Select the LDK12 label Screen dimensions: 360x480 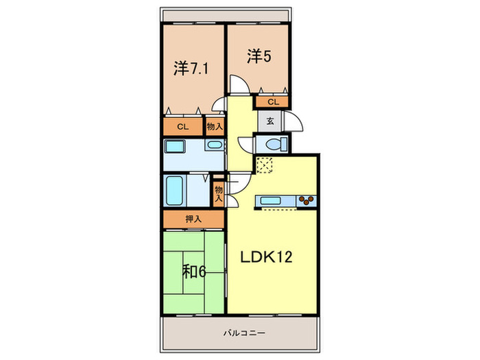point(266,258)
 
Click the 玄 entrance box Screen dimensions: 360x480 point(269,121)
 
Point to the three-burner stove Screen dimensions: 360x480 point(306,200)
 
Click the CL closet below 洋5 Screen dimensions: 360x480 point(272,102)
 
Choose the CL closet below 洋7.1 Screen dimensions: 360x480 point(182,127)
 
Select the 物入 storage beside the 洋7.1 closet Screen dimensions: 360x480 point(215,127)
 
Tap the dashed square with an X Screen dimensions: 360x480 point(265,165)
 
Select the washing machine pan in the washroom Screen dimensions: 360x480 point(175,147)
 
